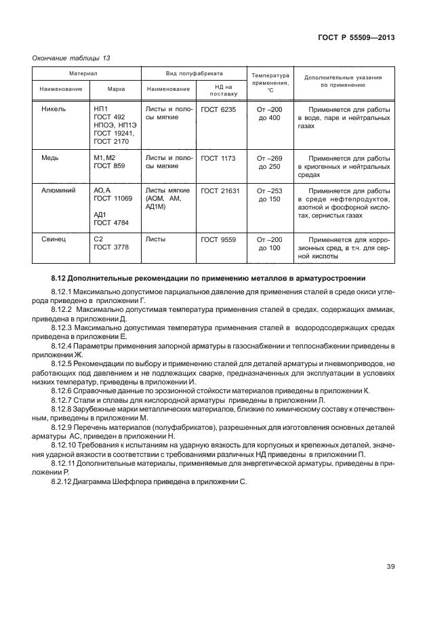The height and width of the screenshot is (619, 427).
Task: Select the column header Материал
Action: point(86,73)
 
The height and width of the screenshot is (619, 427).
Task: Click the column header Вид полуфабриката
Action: point(195,73)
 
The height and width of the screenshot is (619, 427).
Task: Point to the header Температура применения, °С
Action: point(270,83)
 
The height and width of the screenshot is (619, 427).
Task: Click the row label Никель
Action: point(54,109)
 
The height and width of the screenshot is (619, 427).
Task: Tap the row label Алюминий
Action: point(58,191)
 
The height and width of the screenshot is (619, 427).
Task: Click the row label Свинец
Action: point(54,239)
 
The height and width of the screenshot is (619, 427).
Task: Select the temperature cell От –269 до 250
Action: point(269,162)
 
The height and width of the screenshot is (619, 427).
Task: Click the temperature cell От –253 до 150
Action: point(269,195)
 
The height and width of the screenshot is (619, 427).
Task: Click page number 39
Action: point(390,567)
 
